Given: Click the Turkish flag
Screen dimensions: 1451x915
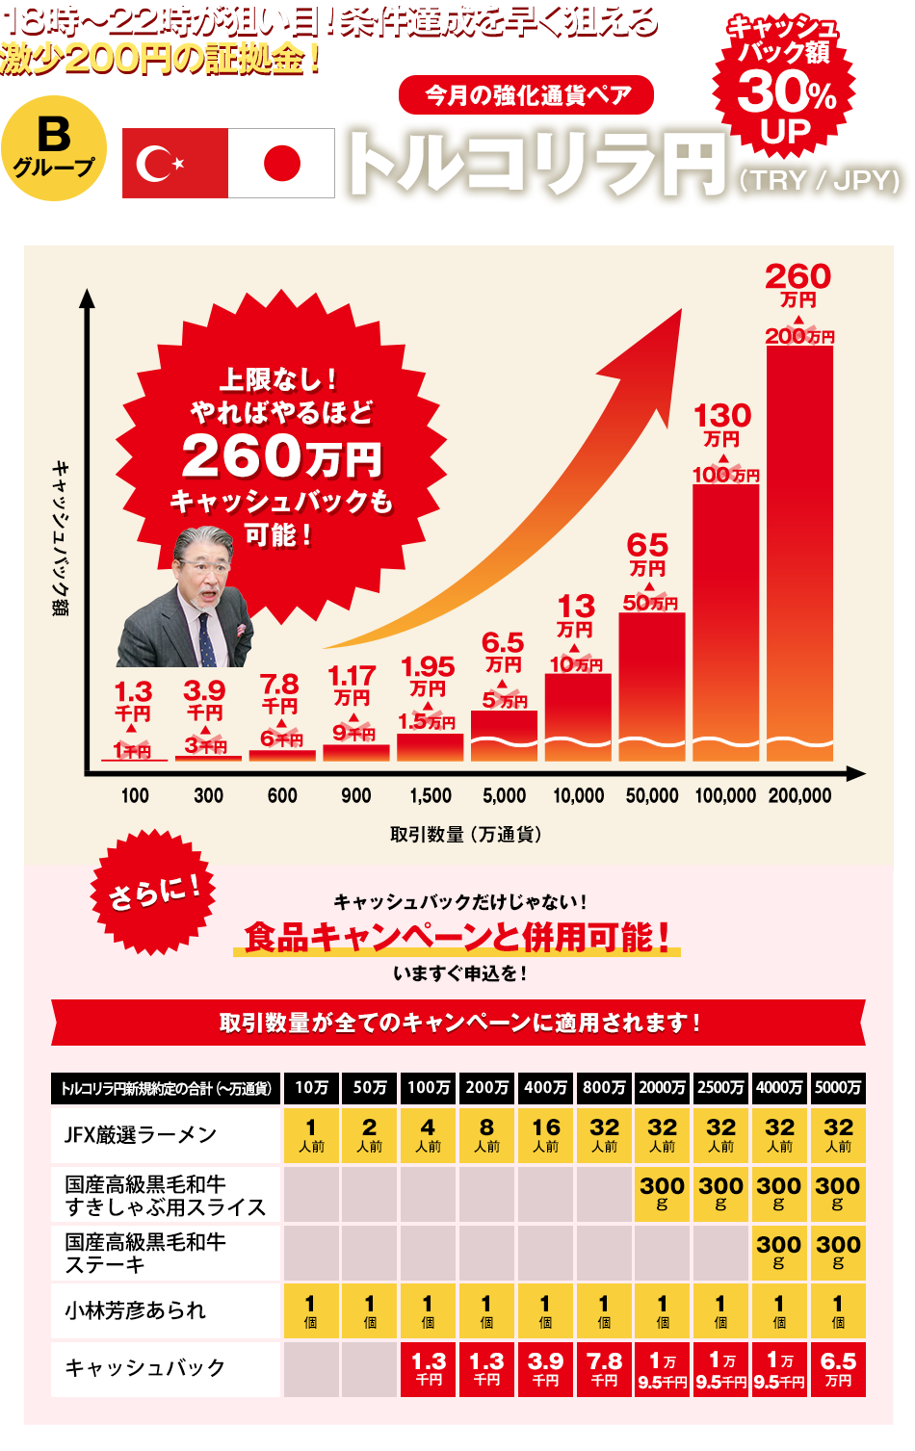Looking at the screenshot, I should tap(175, 164).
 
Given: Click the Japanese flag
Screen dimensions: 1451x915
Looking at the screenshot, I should tap(281, 164).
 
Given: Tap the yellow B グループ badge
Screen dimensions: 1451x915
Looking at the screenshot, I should tap(54, 146).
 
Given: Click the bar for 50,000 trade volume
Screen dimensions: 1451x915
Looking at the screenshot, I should tap(652, 686).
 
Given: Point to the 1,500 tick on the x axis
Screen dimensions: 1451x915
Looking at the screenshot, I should tap(431, 795).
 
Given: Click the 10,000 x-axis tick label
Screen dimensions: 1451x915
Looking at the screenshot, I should tap(578, 795).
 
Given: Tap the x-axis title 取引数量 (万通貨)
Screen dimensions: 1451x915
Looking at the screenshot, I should tap(466, 834).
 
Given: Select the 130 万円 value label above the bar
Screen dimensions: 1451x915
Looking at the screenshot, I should tap(722, 425).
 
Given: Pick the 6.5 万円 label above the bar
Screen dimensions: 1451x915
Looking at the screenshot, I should tap(503, 651).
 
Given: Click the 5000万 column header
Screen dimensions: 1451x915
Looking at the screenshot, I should tap(838, 1087).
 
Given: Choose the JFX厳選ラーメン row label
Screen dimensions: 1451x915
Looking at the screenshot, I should tap(141, 1135).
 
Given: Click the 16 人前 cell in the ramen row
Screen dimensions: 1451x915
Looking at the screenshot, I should tap(545, 1135).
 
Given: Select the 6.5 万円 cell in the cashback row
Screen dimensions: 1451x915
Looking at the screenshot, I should tap(838, 1368).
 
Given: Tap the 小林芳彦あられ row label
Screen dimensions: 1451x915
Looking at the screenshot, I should tap(135, 1310).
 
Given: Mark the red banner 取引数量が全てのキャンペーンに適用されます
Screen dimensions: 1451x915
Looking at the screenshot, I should tap(458, 1023).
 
